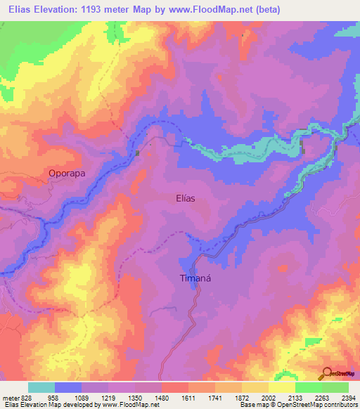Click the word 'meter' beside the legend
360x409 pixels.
tap(11, 397)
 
